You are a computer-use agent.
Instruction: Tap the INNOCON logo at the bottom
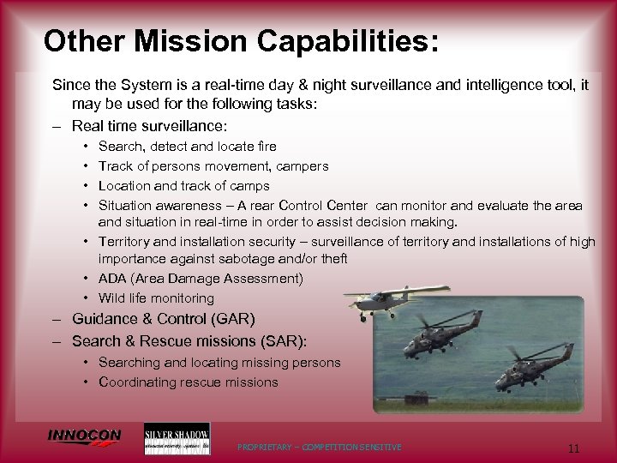[84, 437]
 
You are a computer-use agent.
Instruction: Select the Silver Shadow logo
[177, 438]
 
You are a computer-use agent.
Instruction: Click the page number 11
[575, 447]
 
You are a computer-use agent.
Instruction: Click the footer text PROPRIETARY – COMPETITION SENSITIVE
[320, 448]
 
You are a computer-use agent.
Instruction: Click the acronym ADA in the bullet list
[113, 279]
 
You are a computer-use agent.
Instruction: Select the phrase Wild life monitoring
[156, 298]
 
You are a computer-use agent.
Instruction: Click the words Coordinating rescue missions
[188, 382]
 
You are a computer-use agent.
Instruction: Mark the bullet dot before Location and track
[89, 185]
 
